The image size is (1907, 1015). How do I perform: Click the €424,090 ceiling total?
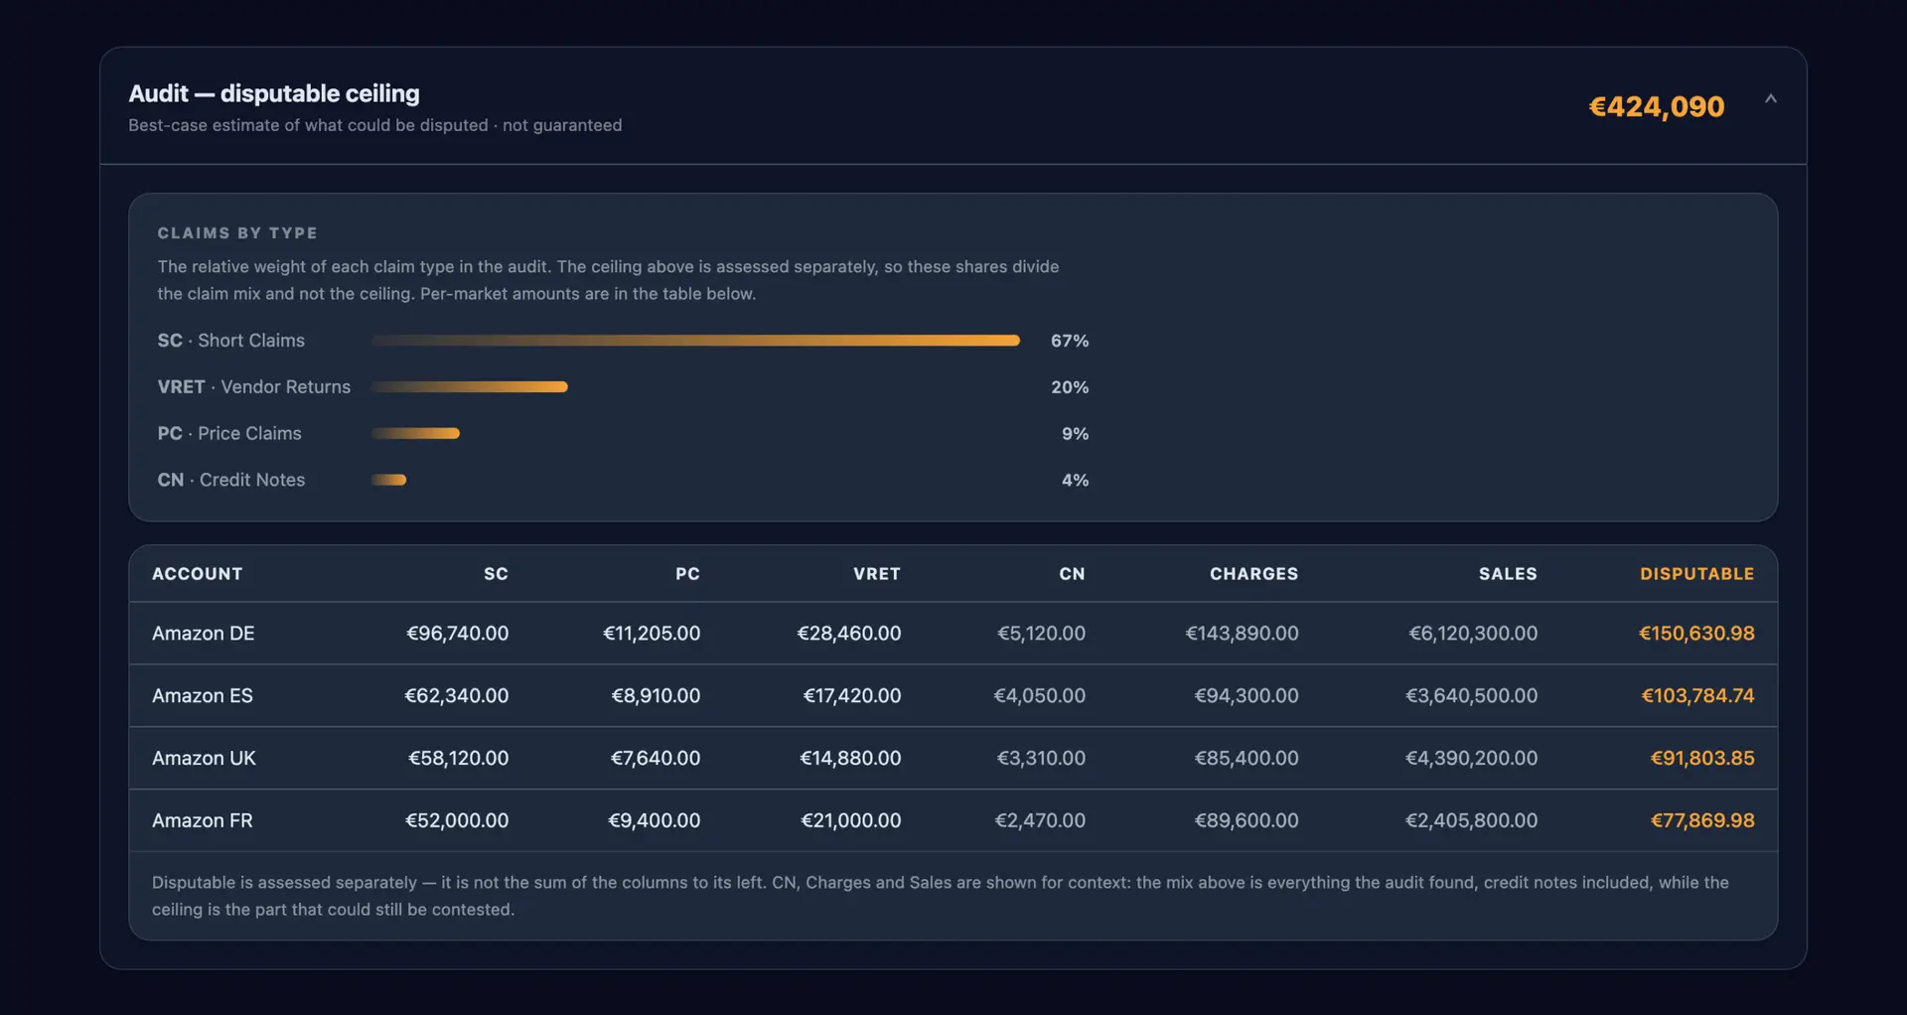point(1657,106)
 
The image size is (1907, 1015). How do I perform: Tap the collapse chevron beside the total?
point(1770,98)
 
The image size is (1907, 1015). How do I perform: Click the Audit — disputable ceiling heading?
point(274,93)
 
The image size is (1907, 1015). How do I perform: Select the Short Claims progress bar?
point(695,341)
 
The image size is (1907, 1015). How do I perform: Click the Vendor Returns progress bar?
point(469,387)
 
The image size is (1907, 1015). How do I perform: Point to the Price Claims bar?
point(415,433)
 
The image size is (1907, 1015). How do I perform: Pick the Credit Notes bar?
point(388,480)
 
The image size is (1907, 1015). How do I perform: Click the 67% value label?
point(1070,341)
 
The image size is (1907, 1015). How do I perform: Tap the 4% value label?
point(1075,480)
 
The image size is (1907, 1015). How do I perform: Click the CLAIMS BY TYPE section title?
point(237,233)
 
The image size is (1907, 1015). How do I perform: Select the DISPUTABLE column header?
point(1696,574)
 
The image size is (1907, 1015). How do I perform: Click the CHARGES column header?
point(1253,574)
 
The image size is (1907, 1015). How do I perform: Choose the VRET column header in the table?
point(877,574)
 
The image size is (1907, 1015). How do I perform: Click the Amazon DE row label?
point(204,634)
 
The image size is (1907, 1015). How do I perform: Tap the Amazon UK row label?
point(204,759)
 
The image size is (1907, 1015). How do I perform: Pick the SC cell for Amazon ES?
point(456,696)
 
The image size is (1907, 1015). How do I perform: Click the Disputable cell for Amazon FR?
point(1702,821)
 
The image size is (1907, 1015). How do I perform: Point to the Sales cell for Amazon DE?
point(1473,634)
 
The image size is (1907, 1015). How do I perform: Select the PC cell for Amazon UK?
point(656,759)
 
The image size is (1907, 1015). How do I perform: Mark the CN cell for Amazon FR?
point(1040,821)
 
